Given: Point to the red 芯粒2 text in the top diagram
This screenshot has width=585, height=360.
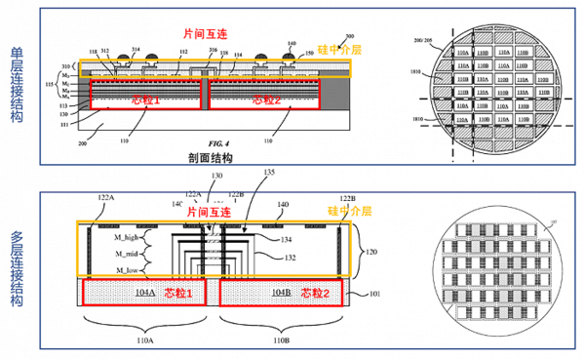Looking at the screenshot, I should point(265,100).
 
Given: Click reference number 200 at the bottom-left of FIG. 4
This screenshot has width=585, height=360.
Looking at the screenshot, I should point(80,141).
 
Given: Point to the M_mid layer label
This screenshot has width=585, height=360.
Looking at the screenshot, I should point(126,254).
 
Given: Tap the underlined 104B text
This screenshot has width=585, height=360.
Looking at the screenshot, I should point(252,292).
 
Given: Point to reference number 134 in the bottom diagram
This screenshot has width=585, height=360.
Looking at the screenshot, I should point(262,237).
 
